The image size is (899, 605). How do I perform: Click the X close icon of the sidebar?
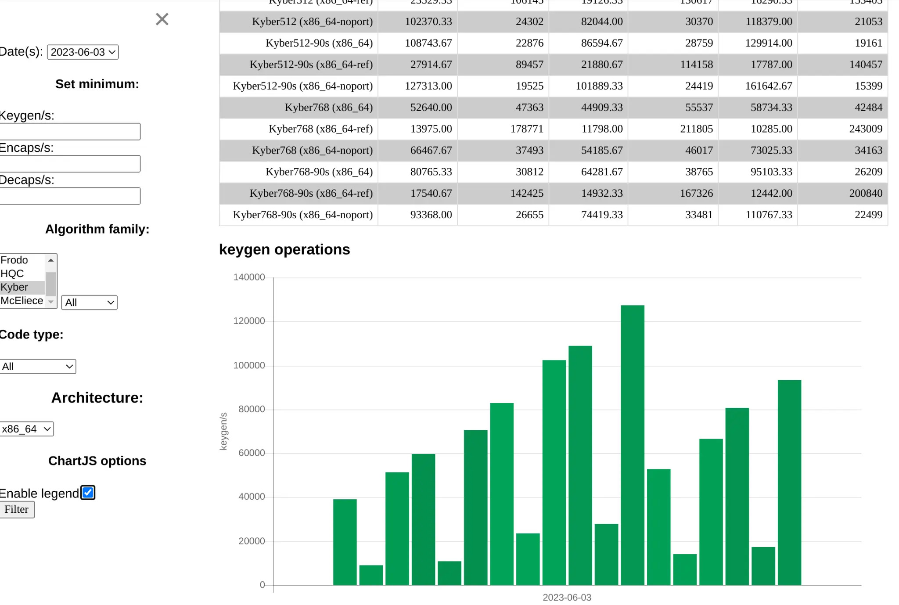coord(162,19)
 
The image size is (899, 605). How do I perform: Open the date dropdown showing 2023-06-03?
coord(83,52)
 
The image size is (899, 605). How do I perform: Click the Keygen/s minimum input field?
coord(70,132)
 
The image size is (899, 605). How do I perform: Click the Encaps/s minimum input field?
coord(70,164)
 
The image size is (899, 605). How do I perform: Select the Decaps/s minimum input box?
coord(70,196)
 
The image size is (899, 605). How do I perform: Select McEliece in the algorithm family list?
coord(22,301)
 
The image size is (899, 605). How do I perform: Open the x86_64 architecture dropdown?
coord(27,429)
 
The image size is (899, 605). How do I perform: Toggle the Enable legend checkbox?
coord(88,493)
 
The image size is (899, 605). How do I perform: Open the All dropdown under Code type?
coord(38,367)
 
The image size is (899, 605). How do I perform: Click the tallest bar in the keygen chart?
coord(632,443)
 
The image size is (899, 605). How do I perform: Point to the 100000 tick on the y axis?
coord(249,365)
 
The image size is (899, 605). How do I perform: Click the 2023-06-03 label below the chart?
coord(567,598)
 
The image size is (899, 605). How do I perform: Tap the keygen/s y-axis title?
coord(223,431)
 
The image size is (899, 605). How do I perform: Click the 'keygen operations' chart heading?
coord(284,249)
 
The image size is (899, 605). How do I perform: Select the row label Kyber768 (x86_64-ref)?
coord(320,129)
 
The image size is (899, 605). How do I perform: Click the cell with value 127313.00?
coord(428,86)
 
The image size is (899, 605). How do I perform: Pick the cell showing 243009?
coord(865,129)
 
